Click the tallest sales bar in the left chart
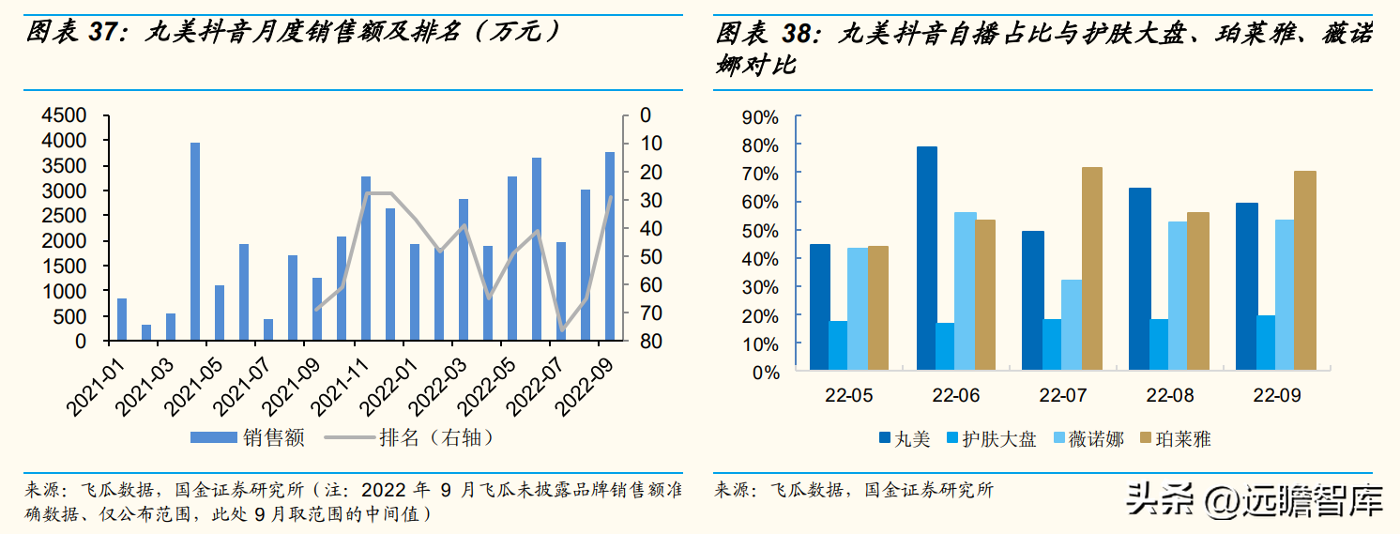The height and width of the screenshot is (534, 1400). [x=195, y=241]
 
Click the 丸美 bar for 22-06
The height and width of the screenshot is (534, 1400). [x=926, y=258]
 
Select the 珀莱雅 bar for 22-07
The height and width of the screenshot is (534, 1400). [x=1091, y=268]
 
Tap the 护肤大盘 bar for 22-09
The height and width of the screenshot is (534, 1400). [x=1267, y=343]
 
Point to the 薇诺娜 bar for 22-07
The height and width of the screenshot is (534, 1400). [x=1072, y=325]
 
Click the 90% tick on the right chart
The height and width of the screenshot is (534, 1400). [x=759, y=117]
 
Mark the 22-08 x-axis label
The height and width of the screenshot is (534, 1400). [x=1169, y=396]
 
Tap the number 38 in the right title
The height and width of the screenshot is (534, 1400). [x=794, y=35]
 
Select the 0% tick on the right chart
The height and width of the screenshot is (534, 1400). [x=765, y=372]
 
